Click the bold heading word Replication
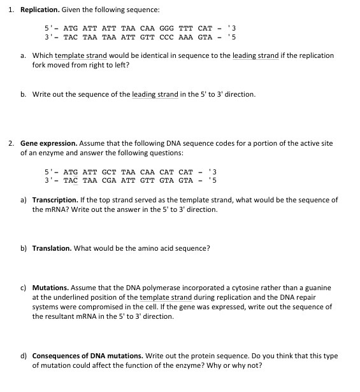tap(41, 10)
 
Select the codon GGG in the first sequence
tap(166, 28)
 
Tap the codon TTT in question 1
tap(185, 28)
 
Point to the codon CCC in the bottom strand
tap(166, 37)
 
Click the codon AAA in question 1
tap(185, 37)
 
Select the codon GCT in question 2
tap(109, 172)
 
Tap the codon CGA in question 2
tap(109, 181)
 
